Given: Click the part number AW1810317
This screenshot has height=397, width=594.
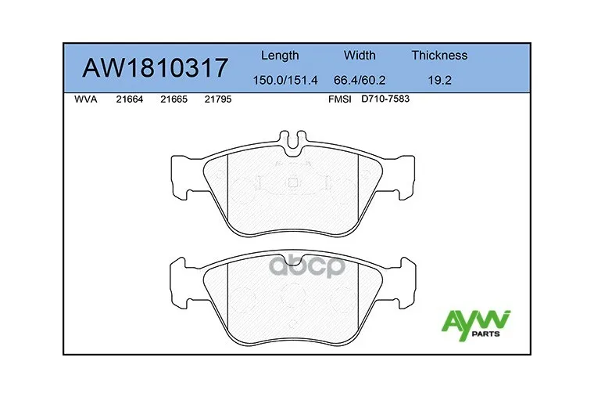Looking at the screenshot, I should pos(156,69).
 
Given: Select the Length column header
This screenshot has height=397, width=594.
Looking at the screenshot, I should pos(279,56).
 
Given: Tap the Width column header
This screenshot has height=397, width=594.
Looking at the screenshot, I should pos(360,56).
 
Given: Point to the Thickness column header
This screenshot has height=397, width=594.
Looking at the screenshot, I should pos(439,56).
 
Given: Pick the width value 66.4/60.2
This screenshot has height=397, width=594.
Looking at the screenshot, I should pos(360,79).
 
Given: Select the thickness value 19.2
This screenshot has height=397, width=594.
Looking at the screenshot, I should pos(439,79).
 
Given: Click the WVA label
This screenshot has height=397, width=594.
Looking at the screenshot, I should pos(85,100).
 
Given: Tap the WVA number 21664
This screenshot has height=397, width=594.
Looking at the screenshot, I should pos(129,100).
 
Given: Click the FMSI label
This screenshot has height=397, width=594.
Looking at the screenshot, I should pos(341,100).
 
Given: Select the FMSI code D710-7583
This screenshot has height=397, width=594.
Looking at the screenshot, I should pos(385,100).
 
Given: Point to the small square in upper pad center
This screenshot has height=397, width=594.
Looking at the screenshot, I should pos(292,183).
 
